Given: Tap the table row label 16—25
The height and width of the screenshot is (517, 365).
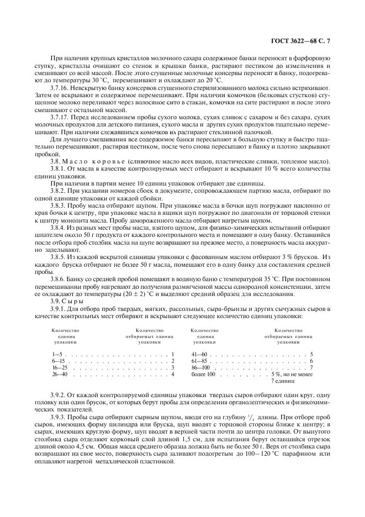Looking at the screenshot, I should coord(60,367).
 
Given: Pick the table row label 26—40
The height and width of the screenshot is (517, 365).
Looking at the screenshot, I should coord(60,374).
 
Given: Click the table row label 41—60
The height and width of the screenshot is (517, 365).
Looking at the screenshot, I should coord(198,354).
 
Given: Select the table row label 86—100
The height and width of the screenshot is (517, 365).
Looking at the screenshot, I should coord(200,367).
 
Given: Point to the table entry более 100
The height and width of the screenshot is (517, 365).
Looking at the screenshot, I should coord(202,374).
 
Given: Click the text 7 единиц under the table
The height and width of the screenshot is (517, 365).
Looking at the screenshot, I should coord(283,381).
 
